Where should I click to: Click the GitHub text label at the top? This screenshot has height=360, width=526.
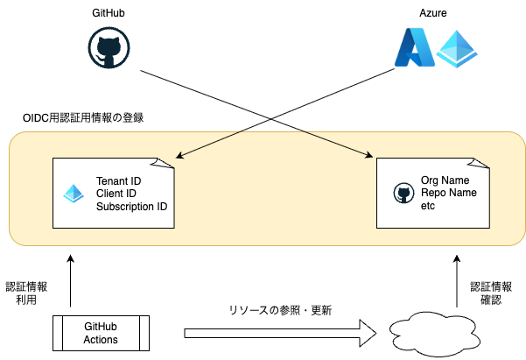click(x=108, y=15)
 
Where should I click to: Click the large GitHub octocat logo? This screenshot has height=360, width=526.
click(x=108, y=47)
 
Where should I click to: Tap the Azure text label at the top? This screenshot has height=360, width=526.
click(x=433, y=15)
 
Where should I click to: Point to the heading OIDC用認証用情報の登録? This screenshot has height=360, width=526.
click(x=83, y=117)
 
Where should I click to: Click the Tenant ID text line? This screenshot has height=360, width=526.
click(x=119, y=180)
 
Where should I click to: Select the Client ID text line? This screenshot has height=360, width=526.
click(x=116, y=194)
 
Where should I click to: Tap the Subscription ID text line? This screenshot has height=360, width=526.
click(x=131, y=207)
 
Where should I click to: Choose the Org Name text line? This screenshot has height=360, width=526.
click(x=445, y=180)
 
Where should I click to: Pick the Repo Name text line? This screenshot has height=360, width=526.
click(x=447, y=193)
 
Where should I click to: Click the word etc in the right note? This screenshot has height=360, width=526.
click(x=428, y=206)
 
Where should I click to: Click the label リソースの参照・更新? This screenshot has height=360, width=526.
click(x=280, y=310)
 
